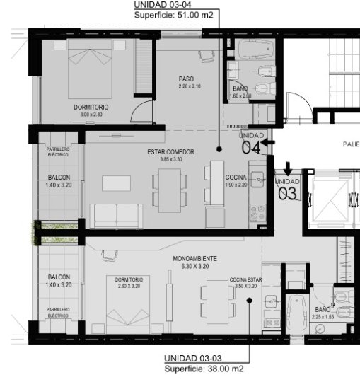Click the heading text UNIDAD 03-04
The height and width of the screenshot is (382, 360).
click(166, 4)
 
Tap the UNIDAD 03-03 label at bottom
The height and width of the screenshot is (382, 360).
click(194, 359)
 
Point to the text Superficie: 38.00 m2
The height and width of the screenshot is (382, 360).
click(204, 369)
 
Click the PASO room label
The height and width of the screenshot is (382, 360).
click(186, 79)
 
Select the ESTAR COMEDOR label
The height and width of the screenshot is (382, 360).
click(170, 152)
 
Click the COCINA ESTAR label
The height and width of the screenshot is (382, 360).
click(245, 280)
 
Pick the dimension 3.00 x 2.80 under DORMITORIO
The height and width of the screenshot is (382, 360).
click(91, 114)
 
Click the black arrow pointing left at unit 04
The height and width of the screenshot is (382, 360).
click(268, 144)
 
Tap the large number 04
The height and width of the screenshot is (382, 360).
click(251, 147)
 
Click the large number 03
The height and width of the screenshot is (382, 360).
click(287, 192)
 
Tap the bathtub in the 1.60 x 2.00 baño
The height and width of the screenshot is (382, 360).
click(255, 50)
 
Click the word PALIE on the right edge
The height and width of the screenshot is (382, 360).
click(351, 144)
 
